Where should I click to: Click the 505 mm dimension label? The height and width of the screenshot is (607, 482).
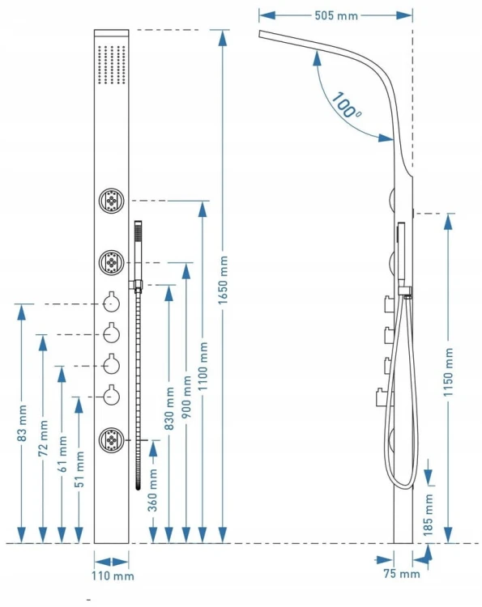coord(336,15)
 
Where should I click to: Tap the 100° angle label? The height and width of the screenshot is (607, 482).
coord(347,104)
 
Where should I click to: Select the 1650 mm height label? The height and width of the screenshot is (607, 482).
coord(223,280)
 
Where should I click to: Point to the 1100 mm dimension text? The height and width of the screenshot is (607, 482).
coord(203,366)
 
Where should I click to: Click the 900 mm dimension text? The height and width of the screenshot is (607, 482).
coord(186,396)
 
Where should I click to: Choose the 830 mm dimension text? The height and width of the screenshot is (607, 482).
coord(169,408)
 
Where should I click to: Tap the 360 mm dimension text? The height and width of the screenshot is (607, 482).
coord(152,490)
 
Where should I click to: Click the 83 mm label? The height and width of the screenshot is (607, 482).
coord(22,423)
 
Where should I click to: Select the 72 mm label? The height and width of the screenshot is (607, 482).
coord(43,437)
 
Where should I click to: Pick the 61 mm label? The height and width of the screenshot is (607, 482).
coord(62,454)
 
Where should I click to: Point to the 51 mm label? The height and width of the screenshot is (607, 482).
coord(79,469)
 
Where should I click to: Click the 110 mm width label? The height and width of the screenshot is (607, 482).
coord(113,575)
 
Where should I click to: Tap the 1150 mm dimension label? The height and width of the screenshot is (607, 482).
coord(448,371)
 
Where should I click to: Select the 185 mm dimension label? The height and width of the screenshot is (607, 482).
coord(428,515)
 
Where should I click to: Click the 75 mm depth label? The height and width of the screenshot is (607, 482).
coord(402,573)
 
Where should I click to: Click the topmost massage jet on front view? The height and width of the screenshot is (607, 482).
coord(112,201)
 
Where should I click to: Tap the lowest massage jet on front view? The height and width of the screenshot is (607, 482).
coord(112,439)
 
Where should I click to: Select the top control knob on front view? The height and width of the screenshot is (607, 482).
coord(112,303)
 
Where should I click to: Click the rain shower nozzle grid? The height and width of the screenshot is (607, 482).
coord(112,65)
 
